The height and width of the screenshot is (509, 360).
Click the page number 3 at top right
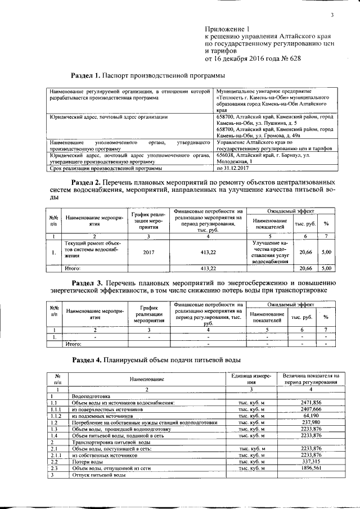[x=332, y=15]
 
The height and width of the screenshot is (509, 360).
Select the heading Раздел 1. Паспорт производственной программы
[x=148, y=75]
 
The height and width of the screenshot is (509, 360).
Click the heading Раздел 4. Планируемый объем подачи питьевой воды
[x=157, y=359]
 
